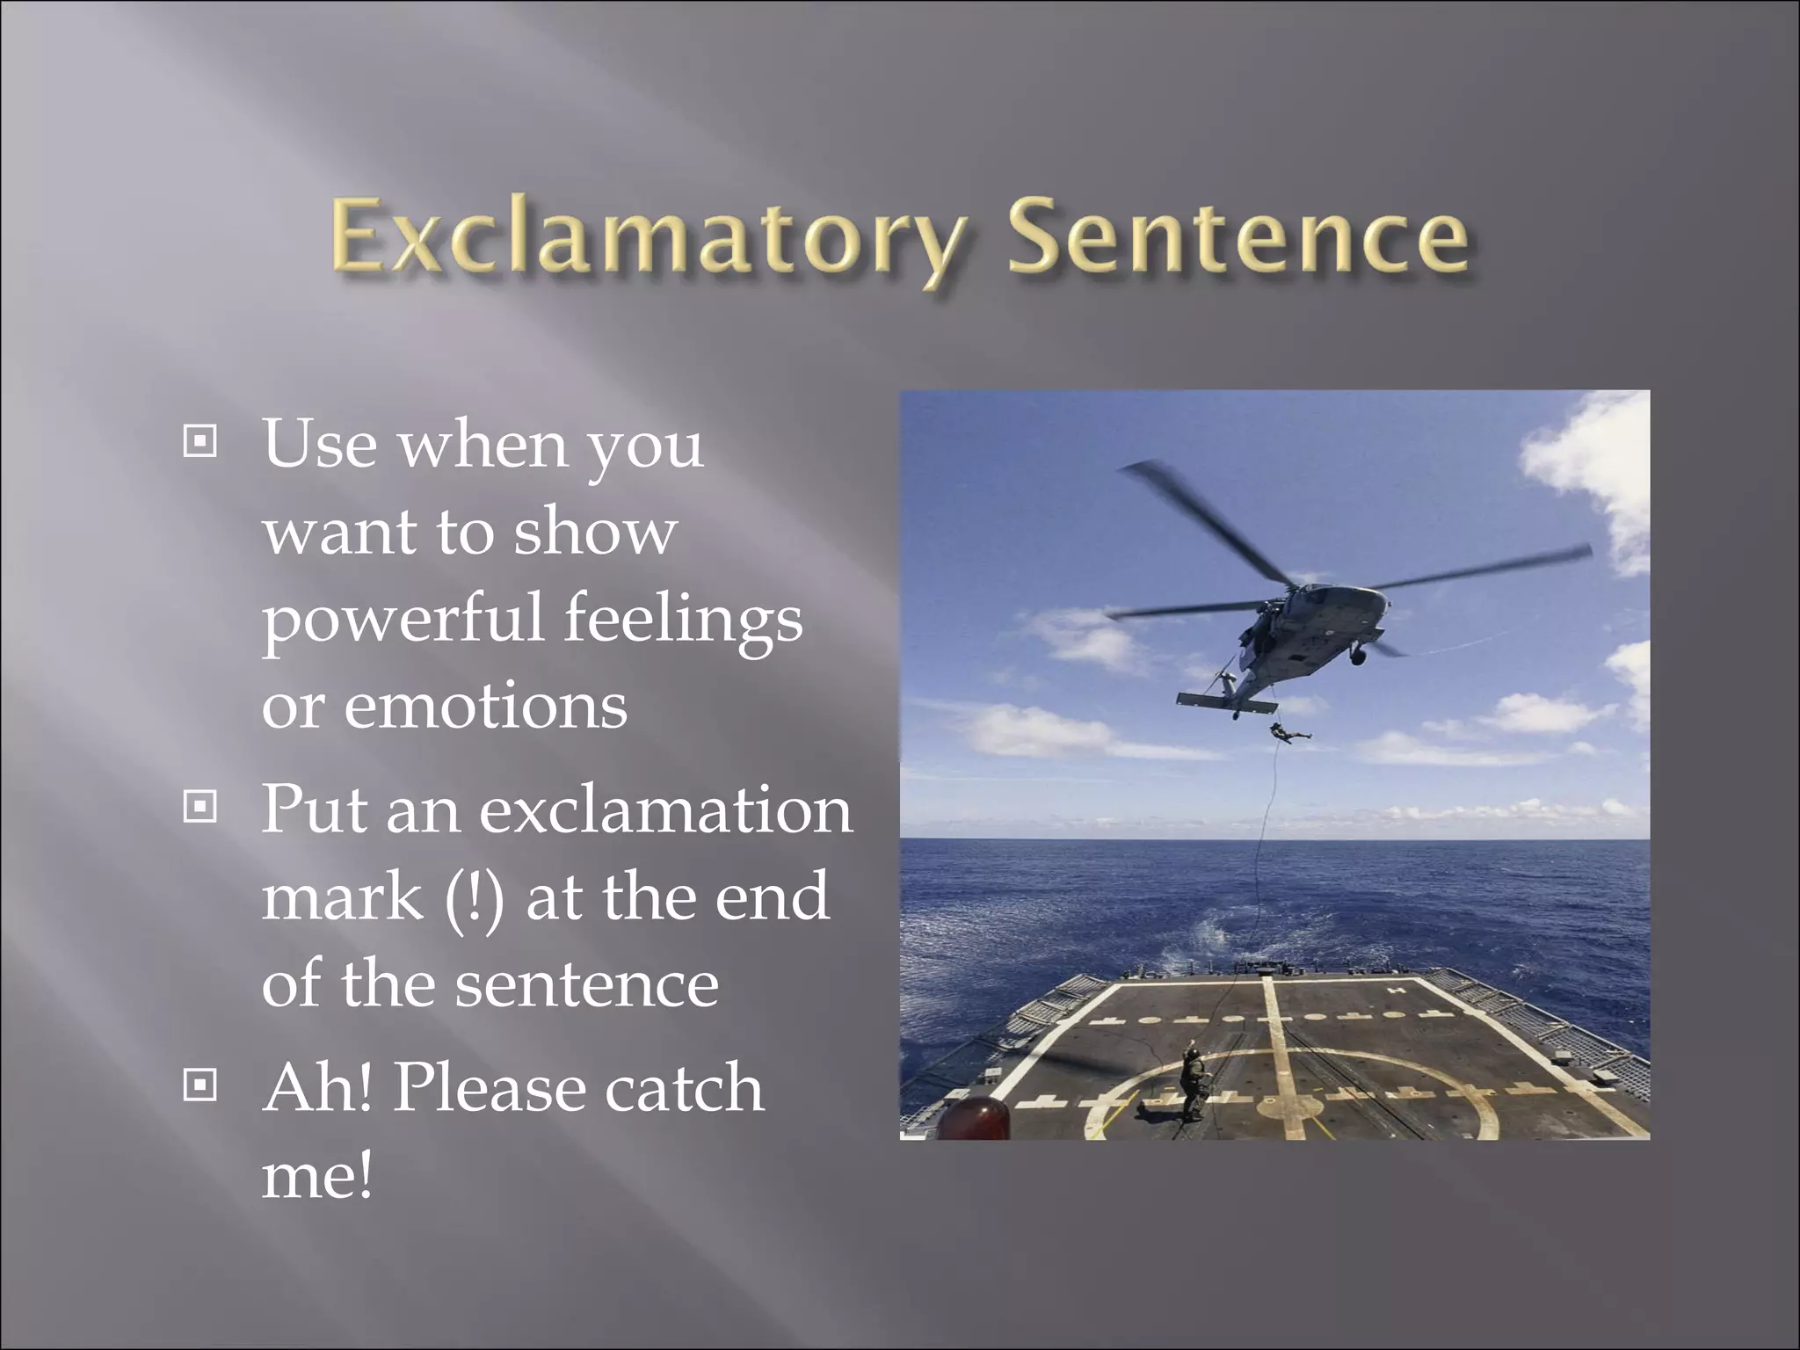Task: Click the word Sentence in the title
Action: [x=1237, y=236]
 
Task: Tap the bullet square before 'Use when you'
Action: [x=200, y=442]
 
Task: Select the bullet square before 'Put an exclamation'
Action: [x=200, y=806]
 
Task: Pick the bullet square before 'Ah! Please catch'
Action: [x=200, y=1085]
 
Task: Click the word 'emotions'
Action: [x=485, y=706]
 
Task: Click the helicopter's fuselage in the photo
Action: [x=1310, y=633]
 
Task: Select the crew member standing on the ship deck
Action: [x=1192, y=1081]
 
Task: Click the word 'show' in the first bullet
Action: [x=595, y=533]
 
